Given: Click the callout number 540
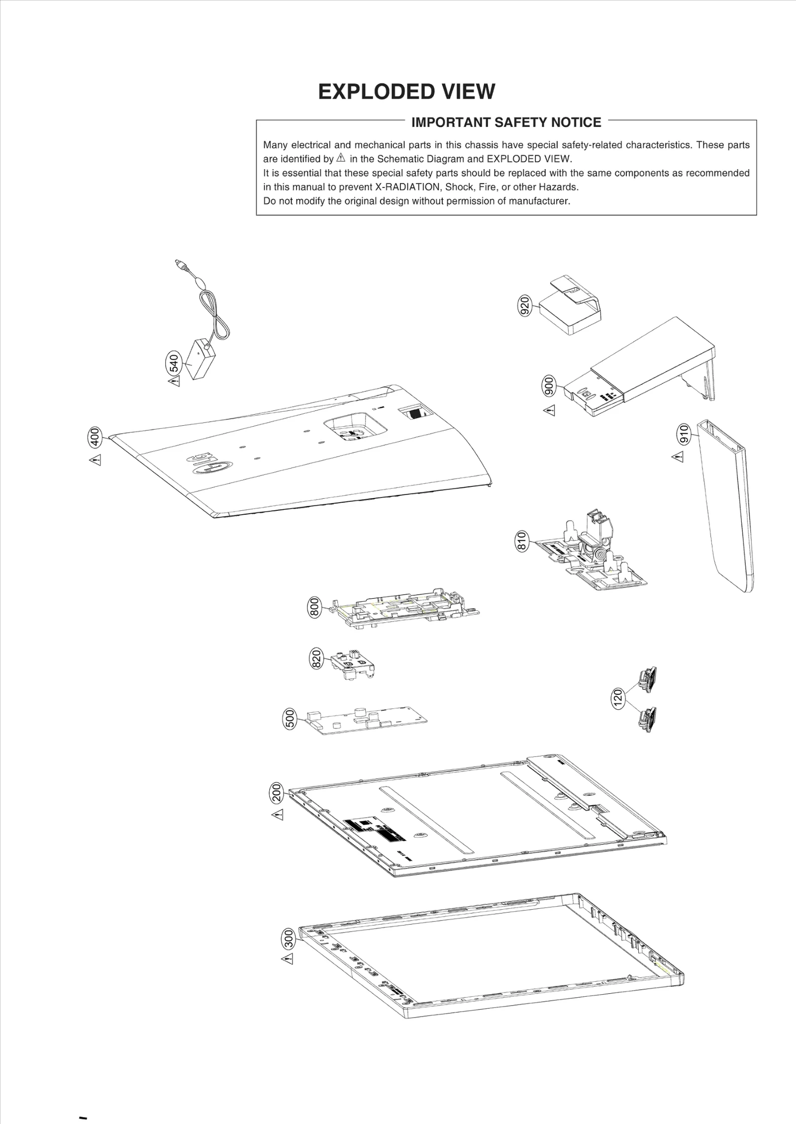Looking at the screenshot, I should [174, 363].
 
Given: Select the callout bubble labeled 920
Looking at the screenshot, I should [524, 305].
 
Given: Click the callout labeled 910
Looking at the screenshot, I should [684, 434].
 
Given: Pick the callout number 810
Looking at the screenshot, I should [521, 541].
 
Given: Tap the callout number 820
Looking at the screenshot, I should [316, 658].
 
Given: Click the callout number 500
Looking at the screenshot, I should [290, 719].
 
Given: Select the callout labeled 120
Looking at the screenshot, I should [617, 698].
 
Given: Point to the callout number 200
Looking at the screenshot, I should [277, 793].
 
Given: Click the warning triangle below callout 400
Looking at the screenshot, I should [96, 460].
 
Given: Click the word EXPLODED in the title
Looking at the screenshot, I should [370, 92].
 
